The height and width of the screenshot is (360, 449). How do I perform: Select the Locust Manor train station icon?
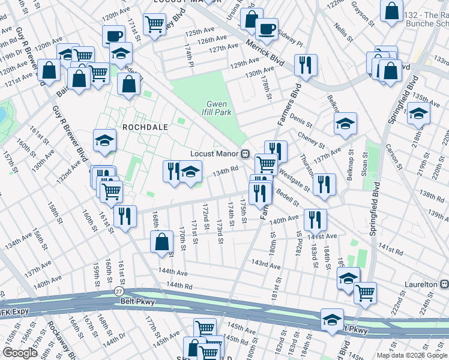(x=245, y=154)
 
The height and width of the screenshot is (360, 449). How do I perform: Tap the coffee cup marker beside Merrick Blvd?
(x=267, y=28)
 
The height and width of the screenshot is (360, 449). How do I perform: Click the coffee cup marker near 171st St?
(x=113, y=35)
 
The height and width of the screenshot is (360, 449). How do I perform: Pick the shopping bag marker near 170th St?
(x=163, y=242)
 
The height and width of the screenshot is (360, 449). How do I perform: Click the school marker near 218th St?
(x=418, y=112)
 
